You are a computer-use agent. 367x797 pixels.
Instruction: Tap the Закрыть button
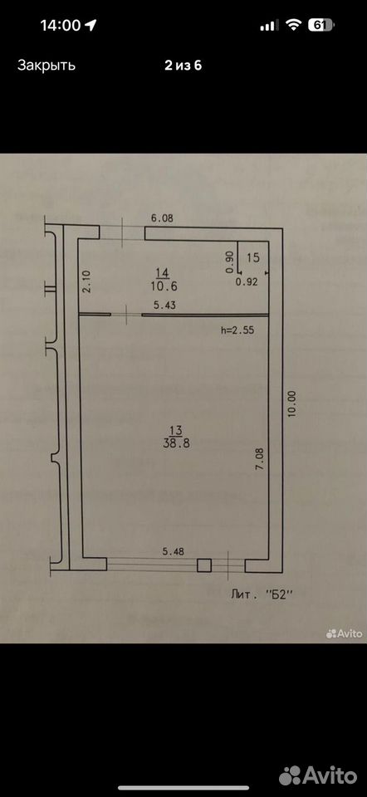(x=46, y=65)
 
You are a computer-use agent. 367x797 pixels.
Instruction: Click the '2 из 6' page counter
(x=183, y=65)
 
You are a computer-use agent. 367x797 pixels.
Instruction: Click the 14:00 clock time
(x=61, y=26)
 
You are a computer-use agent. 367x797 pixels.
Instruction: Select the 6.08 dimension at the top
(x=162, y=218)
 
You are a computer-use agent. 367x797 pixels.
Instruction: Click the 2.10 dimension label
(x=86, y=281)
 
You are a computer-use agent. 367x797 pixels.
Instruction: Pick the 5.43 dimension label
(x=166, y=306)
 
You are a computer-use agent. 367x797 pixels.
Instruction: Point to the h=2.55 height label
(x=237, y=330)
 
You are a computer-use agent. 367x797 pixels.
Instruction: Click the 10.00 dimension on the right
(x=291, y=404)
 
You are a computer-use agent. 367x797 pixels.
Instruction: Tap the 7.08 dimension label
(x=259, y=458)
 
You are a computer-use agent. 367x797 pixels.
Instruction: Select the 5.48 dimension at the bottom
(x=174, y=550)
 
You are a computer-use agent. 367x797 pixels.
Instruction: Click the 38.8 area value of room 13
(x=176, y=443)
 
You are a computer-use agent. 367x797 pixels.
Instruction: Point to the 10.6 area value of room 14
(x=164, y=286)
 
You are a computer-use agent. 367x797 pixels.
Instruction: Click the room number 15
(x=252, y=257)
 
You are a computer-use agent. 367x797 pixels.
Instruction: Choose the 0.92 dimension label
(x=247, y=282)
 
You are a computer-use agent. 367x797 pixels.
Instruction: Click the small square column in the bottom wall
(x=204, y=565)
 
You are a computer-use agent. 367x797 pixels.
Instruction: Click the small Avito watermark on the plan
(x=344, y=633)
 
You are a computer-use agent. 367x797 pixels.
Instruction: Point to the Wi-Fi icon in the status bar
(x=294, y=25)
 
